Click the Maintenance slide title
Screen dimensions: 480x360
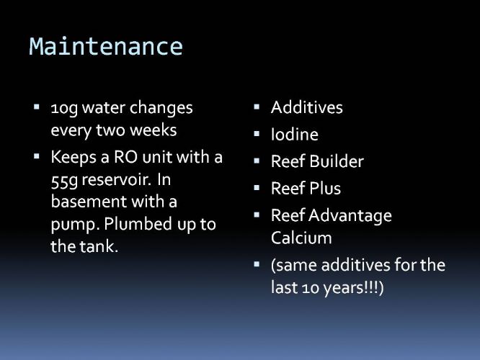click(106, 46)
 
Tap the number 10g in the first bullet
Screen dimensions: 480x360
click(64, 109)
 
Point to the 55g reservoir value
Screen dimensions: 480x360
click(65, 181)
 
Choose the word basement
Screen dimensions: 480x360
click(89, 202)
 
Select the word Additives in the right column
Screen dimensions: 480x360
click(307, 107)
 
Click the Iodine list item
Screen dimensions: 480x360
click(295, 134)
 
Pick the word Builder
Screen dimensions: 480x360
click(337, 161)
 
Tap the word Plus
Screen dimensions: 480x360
click(325, 188)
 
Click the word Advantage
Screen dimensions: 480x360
click(350, 216)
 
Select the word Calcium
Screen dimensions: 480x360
click(301, 238)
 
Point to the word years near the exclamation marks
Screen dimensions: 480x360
click(343, 289)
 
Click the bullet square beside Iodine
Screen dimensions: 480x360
click(257, 134)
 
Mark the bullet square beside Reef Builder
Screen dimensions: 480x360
click(257, 161)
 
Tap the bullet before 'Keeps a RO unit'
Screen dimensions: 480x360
click(37, 157)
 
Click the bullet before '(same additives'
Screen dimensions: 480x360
click(257, 264)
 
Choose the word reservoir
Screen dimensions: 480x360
click(116, 180)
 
